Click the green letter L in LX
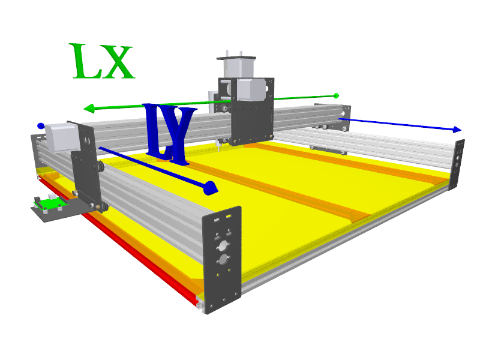pos(84,61)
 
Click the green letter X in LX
pos(118,62)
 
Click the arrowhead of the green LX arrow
pos(89,109)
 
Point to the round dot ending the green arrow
pos(336,96)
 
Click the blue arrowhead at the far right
pos(457,129)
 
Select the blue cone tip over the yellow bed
pos(211,188)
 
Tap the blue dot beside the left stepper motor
pos(41,125)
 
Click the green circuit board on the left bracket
pos(50,203)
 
